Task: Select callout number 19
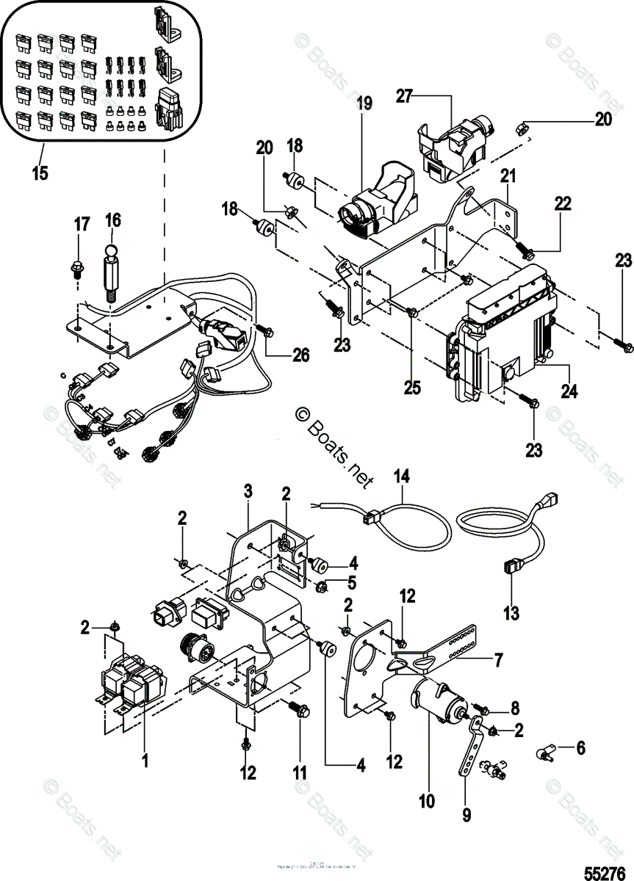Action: click(365, 103)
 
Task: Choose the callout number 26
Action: click(299, 356)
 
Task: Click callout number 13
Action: click(511, 612)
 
